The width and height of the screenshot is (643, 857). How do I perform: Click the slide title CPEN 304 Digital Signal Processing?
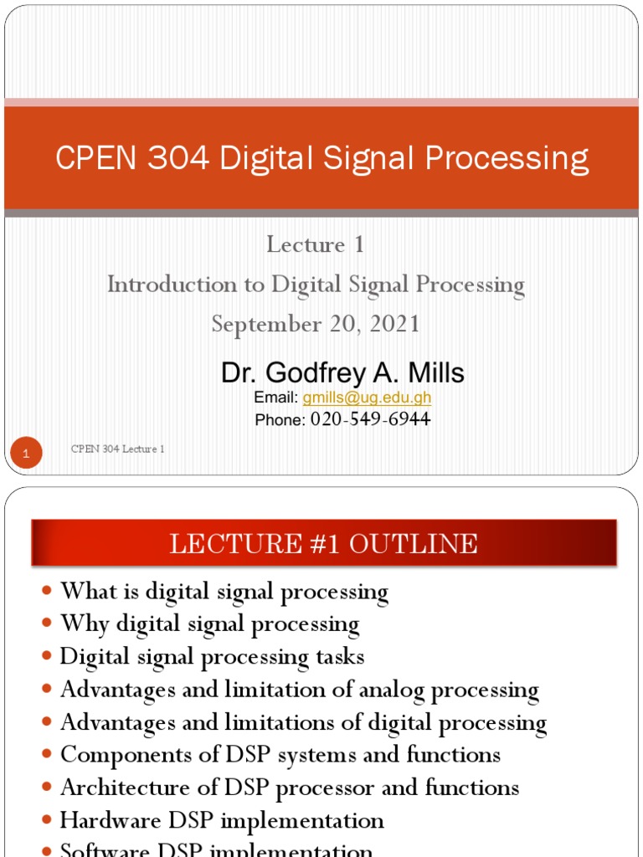coord(321,158)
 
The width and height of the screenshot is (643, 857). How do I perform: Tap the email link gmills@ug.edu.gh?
coord(367,398)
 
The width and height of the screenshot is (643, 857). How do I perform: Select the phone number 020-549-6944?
coord(370,419)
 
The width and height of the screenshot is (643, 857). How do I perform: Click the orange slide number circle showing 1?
coord(26,454)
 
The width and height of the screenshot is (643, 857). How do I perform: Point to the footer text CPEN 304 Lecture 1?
coord(117,449)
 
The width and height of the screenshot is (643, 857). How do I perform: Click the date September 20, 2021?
coord(316,324)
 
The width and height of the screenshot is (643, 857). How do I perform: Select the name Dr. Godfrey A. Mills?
coord(342,373)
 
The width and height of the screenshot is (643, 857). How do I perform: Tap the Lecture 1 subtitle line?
coord(316,244)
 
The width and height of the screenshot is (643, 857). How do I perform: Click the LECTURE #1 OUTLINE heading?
coord(323,544)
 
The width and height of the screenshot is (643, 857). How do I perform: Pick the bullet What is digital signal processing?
coord(224,592)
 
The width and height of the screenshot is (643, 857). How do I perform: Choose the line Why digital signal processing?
coord(209,624)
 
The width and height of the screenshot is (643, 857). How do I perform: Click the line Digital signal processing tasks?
coord(212,657)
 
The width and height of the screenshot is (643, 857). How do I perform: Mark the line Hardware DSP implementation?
coord(222,820)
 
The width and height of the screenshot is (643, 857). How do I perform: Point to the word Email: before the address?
coord(276,398)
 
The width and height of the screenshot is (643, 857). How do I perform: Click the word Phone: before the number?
coord(280,420)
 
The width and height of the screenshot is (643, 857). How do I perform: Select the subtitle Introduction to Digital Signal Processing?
coord(316,285)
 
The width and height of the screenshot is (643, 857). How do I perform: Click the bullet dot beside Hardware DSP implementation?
coord(47,820)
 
